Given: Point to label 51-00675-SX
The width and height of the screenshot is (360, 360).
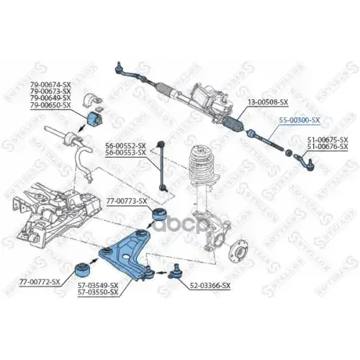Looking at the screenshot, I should tap(328, 140).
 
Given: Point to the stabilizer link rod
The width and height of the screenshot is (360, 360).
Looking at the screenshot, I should tap(161, 169).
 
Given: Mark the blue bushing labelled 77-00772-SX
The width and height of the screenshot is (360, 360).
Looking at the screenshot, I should tap(84, 271).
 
